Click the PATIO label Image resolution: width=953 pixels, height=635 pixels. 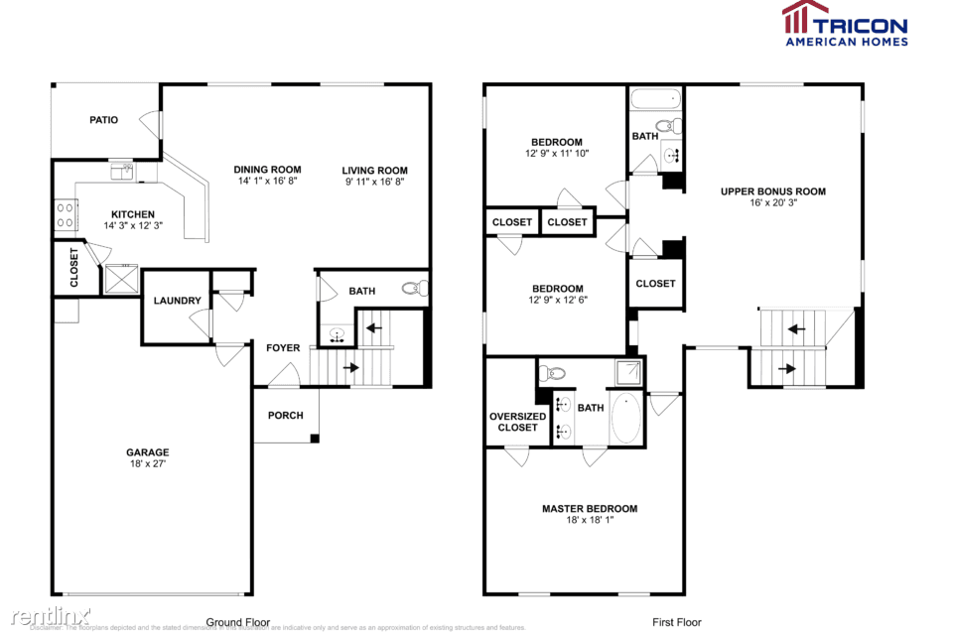click(x=104, y=120)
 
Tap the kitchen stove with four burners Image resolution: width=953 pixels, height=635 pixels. click(x=66, y=214)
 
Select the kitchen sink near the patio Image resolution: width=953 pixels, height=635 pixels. click(x=122, y=171)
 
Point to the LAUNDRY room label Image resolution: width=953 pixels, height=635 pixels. click(x=177, y=301)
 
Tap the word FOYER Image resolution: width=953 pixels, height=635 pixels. click(x=283, y=348)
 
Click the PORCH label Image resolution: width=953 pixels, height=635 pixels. click(x=286, y=415)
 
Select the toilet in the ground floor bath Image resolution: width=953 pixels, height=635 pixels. click(x=415, y=289)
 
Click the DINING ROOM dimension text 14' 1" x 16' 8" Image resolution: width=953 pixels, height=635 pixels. click(x=267, y=182)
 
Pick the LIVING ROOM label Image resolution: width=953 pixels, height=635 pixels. click(x=375, y=170)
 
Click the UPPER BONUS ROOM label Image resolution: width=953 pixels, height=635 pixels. click(x=773, y=191)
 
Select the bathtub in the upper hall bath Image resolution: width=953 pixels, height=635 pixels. click(x=655, y=98)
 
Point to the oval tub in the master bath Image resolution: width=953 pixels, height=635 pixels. click(x=625, y=418)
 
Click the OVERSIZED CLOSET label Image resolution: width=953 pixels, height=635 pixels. click(x=517, y=422)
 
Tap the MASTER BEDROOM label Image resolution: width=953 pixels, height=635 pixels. click(x=590, y=509)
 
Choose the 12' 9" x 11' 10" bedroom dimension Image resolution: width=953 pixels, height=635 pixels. click(x=557, y=154)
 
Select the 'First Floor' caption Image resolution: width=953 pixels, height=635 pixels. click(x=676, y=622)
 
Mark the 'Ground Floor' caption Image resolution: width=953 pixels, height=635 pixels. click(x=237, y=622)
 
